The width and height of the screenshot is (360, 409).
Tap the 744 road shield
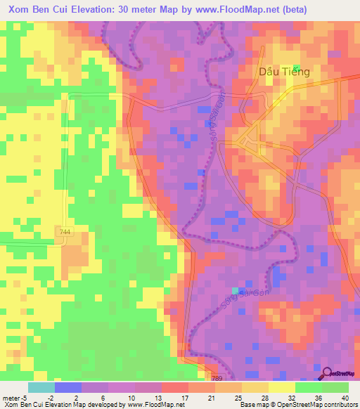click(x=65, y=231)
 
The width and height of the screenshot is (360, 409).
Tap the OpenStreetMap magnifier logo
click(x=328, y=373)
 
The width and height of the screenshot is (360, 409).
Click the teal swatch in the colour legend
click(x=41, y=387)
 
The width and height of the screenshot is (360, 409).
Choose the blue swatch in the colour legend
click(x=67, y=387)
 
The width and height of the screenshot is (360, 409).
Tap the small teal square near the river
click(x=236, y=290)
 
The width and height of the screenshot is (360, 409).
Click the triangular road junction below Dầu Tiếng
click(x=247, y=141)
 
